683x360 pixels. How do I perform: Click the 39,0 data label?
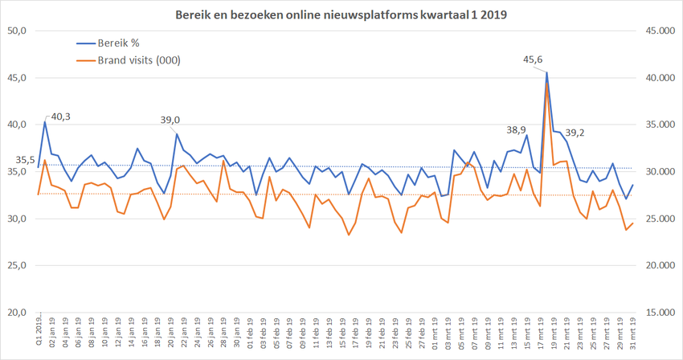[170, 120]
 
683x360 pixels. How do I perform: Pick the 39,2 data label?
[575, 133]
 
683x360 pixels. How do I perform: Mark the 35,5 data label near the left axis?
[25, 160]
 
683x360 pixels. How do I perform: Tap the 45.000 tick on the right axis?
[657, 31]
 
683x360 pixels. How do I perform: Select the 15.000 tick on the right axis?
[657, 313]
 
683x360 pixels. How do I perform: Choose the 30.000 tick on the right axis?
[657, 171]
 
